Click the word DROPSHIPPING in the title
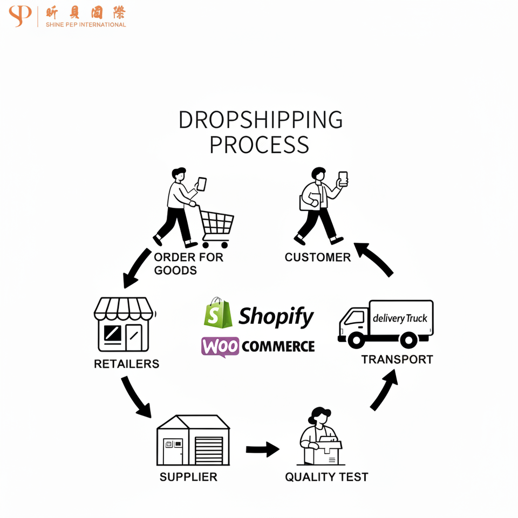pos(261,120)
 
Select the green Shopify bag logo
pos(217,312)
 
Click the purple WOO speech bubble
pos(220,346)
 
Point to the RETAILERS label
pos(127,364)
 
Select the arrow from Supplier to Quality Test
pos(262,449)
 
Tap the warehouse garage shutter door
pos(208,449)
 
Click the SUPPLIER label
pos(188,477)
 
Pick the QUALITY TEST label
pos(326,477)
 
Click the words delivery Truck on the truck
pos(400,318)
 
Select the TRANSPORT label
pos(397,359)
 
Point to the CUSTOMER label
pos(318,257)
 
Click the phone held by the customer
pos(343,179)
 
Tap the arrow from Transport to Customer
pos(374,259)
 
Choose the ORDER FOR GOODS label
pos(188,263)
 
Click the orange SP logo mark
pos(21,16)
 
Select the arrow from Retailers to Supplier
pos(136,397)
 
